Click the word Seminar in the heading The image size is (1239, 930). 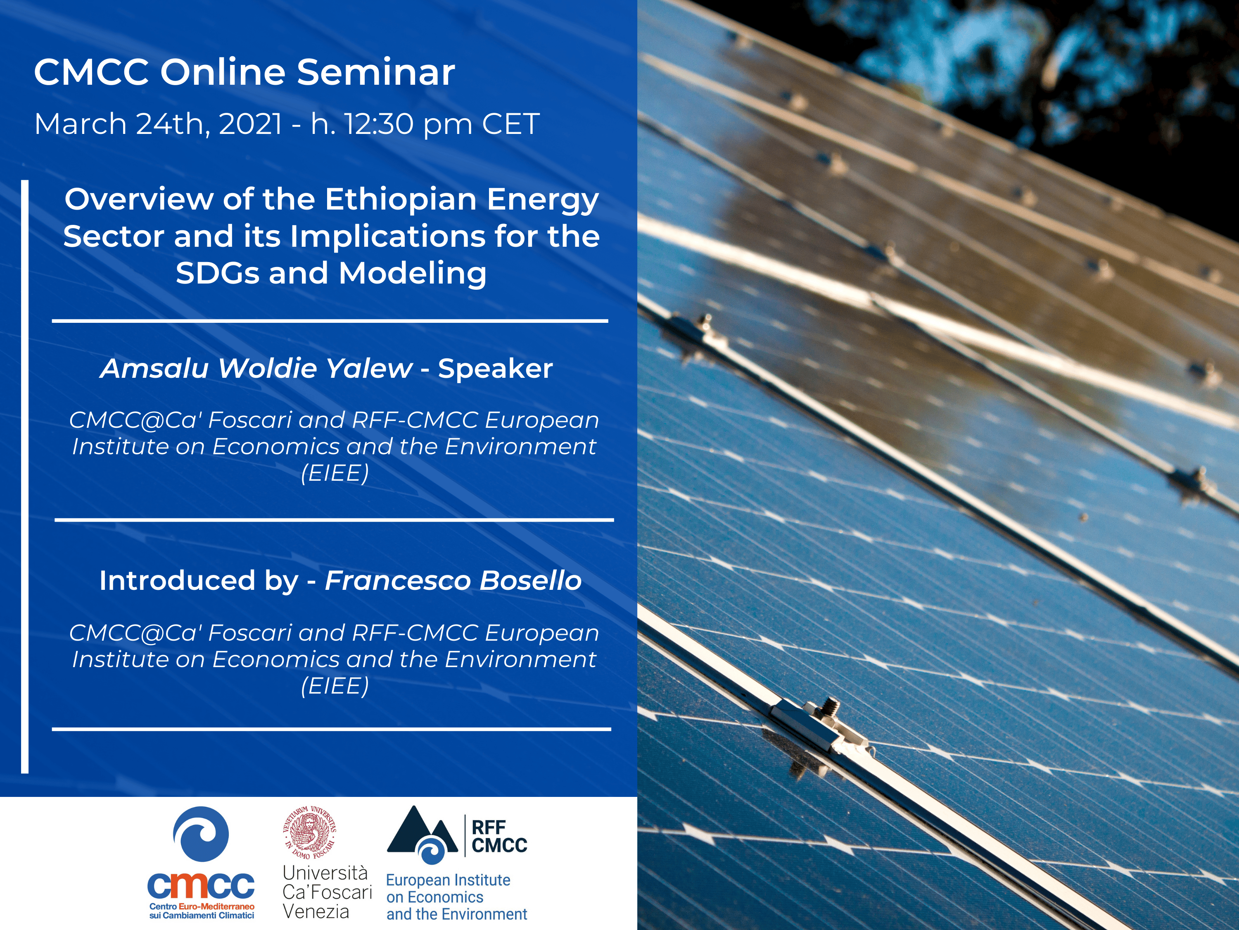[x=376, y=72]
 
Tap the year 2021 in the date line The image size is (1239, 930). [x=250, y=124]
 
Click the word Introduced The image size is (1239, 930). [x=177, y=581]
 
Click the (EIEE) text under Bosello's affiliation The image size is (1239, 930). [x=335, y=686]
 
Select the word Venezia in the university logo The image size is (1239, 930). [x=316, y=911]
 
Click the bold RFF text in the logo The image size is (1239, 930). [x=489, y=827]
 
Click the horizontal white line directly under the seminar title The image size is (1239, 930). [x=330, y=321]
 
